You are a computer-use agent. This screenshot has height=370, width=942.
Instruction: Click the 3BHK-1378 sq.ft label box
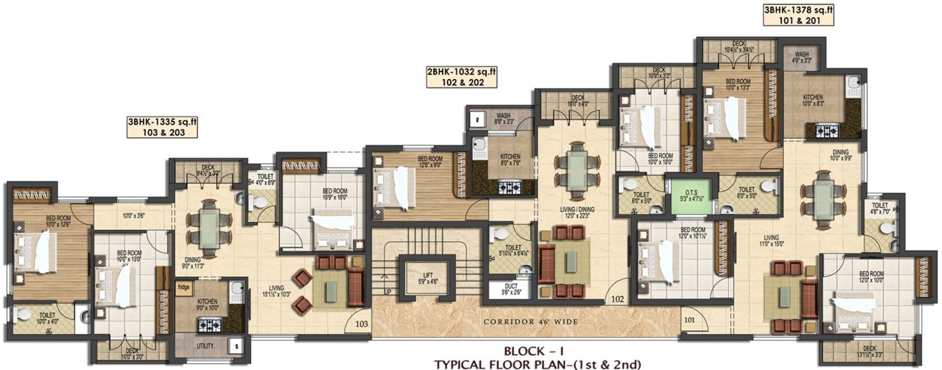point(798,16)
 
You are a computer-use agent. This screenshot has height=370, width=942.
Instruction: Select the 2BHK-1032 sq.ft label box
point(461,76)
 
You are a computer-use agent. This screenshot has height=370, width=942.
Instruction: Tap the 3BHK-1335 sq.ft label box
point(162,126)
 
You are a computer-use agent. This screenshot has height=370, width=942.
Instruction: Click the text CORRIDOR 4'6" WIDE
point(530,321)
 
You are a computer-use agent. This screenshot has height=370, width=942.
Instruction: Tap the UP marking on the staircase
point(386,291)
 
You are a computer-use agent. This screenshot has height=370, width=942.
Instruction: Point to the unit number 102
point(618,299)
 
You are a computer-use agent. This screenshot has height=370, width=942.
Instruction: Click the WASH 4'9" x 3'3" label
point(802,57)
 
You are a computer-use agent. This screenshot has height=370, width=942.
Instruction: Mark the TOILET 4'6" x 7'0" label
point(879,207)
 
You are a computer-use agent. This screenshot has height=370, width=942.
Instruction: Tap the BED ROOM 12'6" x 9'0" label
point(430,162)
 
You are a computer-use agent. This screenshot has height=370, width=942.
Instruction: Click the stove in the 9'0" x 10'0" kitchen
point(209,325)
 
